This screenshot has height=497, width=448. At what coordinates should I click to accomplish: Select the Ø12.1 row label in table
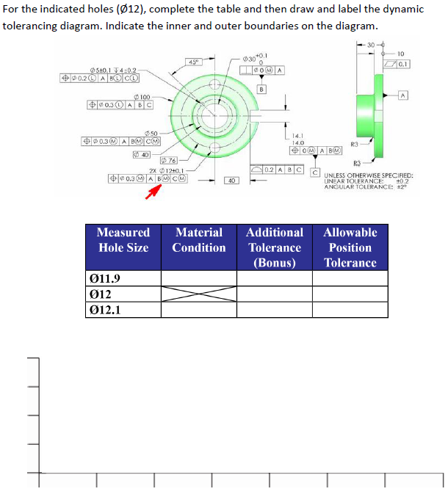click(105, 309)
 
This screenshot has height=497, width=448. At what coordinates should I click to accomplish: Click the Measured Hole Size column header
click(123, 240)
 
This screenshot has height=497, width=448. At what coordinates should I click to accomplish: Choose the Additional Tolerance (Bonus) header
click(275, 247)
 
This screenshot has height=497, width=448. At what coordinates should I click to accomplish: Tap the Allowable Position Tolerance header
click(350, 247)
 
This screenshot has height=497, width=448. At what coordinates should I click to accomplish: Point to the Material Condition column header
click(199, 240)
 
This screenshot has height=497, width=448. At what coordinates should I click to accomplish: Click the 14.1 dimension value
click(297, 135)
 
